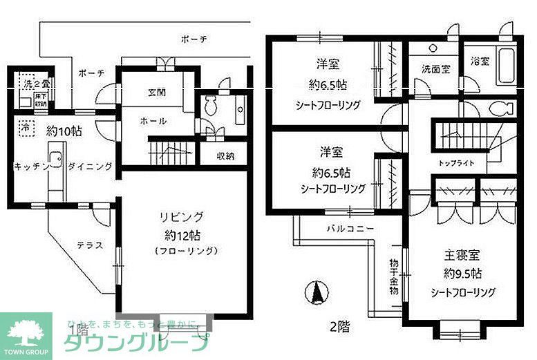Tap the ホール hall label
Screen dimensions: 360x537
(153, 120)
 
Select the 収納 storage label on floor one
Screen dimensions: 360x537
(223, 155)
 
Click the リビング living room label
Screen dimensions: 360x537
(180, 217)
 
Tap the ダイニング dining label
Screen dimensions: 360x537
(90, 167)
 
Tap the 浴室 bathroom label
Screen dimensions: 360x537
(480, 61)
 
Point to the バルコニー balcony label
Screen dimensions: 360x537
(350, 228)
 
